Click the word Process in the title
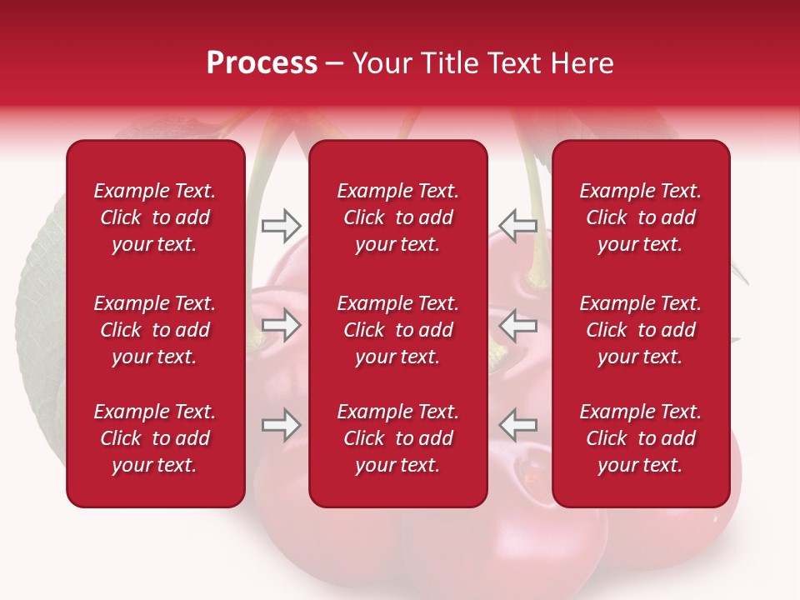click(x=262, y=63)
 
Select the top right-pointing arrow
click(x=282, y=225)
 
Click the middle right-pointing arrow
click(x=282, y=325)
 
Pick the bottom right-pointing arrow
click(x=282, y=425)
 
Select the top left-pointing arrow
click(x=517, y=225)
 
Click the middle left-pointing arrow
click(x=517, y=325)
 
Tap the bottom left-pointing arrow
click(x=517, y=425)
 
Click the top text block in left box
click(x=155, y=217)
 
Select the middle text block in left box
click(x=155, y=330)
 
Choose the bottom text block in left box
click(x=155, y=438)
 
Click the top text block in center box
click(x=397, y=217)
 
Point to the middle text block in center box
click(x=397, y=330)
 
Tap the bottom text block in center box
click(x=397, y=438)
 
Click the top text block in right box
click(x=640, y=217)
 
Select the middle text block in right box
click(x=640, y=330)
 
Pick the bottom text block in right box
click(x=640, y=438)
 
